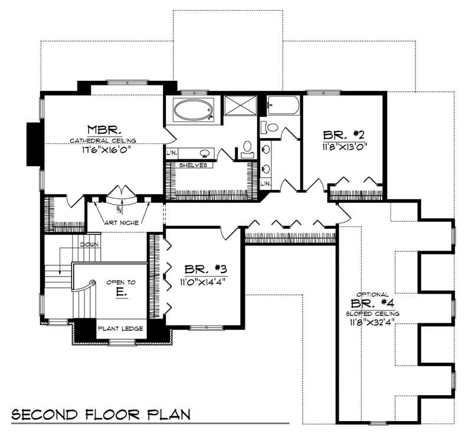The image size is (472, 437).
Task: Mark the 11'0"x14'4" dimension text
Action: tap(202, 281)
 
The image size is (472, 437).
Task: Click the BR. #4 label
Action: tap(371, 304)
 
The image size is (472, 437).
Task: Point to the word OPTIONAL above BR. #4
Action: tap(372, 294)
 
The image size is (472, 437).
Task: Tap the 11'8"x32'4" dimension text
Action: tap(372, 322)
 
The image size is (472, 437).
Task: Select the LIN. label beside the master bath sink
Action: tap(172, 152)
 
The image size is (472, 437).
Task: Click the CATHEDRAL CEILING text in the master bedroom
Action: tap(103, 140)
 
